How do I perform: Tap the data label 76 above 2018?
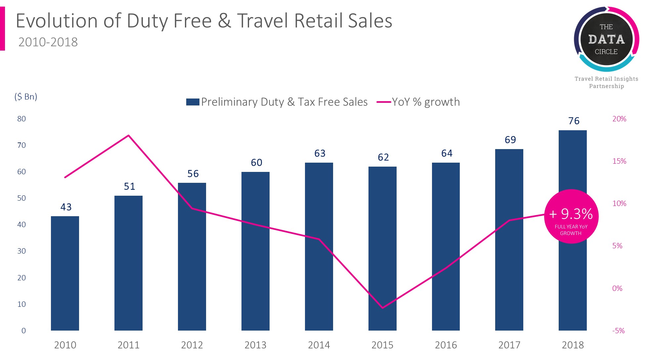tap(574, 121)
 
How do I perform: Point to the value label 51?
tap(129, 186)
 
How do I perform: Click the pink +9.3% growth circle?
tap(571, 217)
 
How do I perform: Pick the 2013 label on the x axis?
tap(255, 345)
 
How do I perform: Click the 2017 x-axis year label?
tap(509, 345)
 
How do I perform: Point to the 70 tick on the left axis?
tap(22, 145)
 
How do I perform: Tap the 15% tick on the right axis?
tap(619, 161)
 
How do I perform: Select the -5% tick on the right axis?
tap(618, 331)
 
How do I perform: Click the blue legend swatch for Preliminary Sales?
tap(193, 102)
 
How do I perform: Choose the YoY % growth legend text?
tap(426, 102)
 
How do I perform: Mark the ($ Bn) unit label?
tap(26, 97)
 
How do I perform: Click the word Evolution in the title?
tap(57, 20)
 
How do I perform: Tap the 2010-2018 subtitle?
tap(48, 42)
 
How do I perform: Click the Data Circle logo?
tap(606, 39)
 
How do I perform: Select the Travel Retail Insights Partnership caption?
tap(606, 82)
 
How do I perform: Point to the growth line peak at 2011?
tap(128, 136)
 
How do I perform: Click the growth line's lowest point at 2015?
tap(382, 308)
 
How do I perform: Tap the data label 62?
tap(383, 157)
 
